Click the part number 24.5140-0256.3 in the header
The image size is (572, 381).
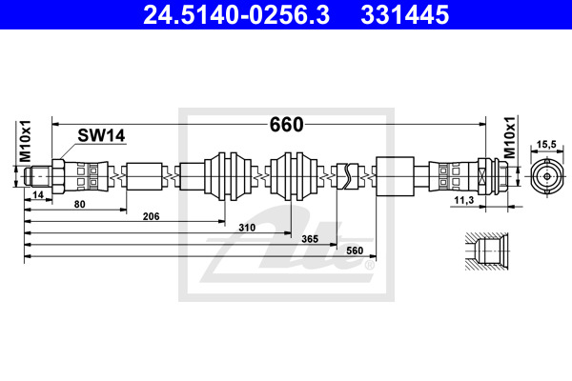click(x=236, y=15)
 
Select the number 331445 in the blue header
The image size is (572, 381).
click(x=404, y=15)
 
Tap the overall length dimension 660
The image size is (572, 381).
click(x=286, y=125)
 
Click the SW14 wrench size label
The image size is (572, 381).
click(x=101, y=135)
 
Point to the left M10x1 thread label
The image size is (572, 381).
click(x=26, y=141)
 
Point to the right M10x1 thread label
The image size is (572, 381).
click(x=510, y=137)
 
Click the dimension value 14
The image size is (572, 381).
click(x=38, y=195)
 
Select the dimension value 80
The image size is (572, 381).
click(x=79, y=204)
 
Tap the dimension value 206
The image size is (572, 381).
click(x=151, y=216)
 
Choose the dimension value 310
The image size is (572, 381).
click(x=247, y=228)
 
